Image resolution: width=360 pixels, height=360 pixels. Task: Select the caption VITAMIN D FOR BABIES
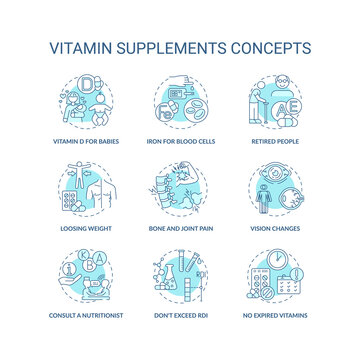pos(87,142)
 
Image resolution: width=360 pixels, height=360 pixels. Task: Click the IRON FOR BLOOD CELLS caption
pos(180,142)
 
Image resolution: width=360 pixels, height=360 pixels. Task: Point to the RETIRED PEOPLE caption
pos(273,142)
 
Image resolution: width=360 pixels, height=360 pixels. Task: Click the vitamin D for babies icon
pos(87,100)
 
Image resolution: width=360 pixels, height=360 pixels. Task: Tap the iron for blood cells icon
pos(180,100)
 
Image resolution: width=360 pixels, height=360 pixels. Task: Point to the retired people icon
pos(272,100)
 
